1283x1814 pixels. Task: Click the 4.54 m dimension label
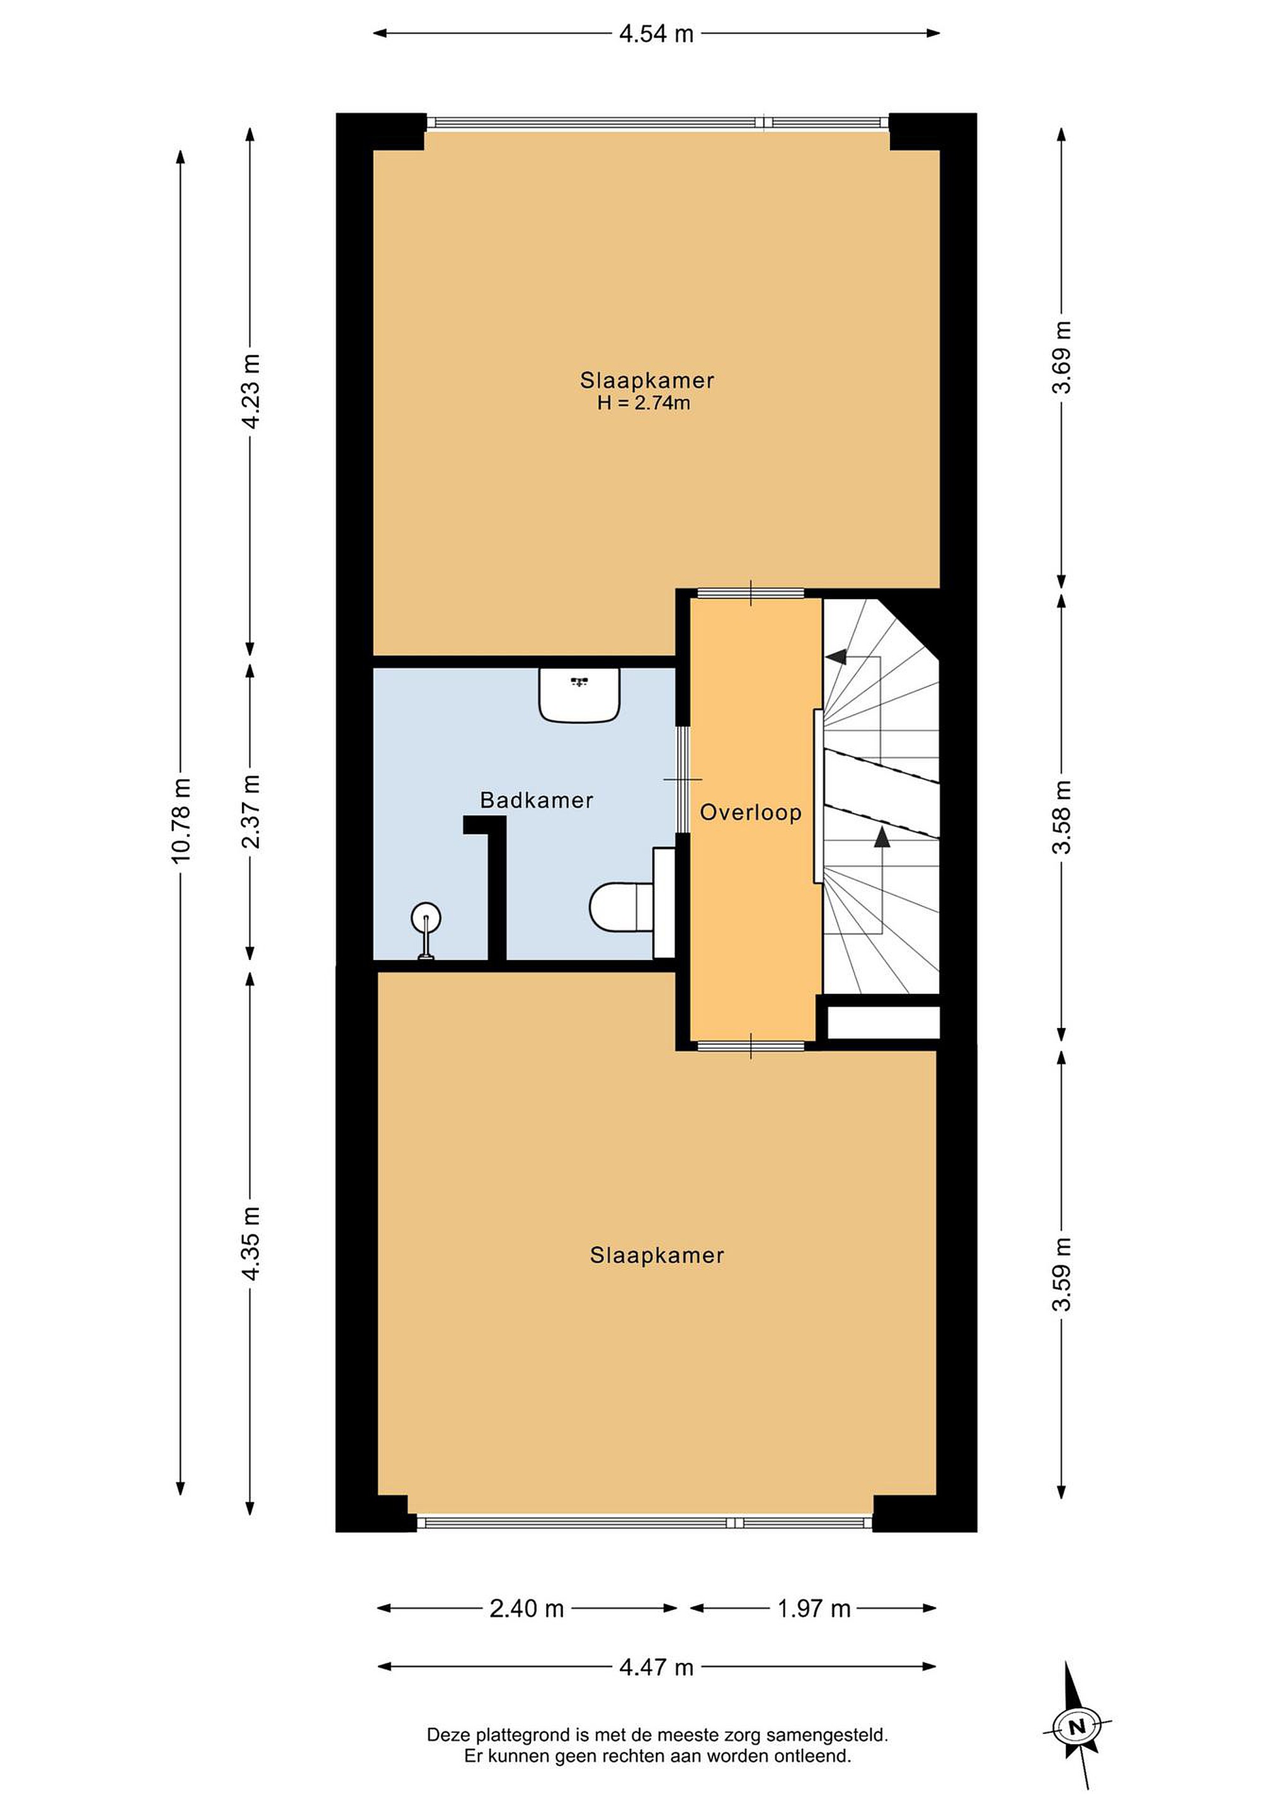tap(656, 34)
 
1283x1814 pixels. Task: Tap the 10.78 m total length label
tap(181, 819)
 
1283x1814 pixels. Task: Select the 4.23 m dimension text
tap(251, 391)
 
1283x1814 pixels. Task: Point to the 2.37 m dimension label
tap(251, 811)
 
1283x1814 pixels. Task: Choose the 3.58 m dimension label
tap(1062, 817)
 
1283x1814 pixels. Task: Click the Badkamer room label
tap(537, 801)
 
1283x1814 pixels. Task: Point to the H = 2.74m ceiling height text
tap(644, 403)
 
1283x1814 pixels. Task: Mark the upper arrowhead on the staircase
tap(836, 656)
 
